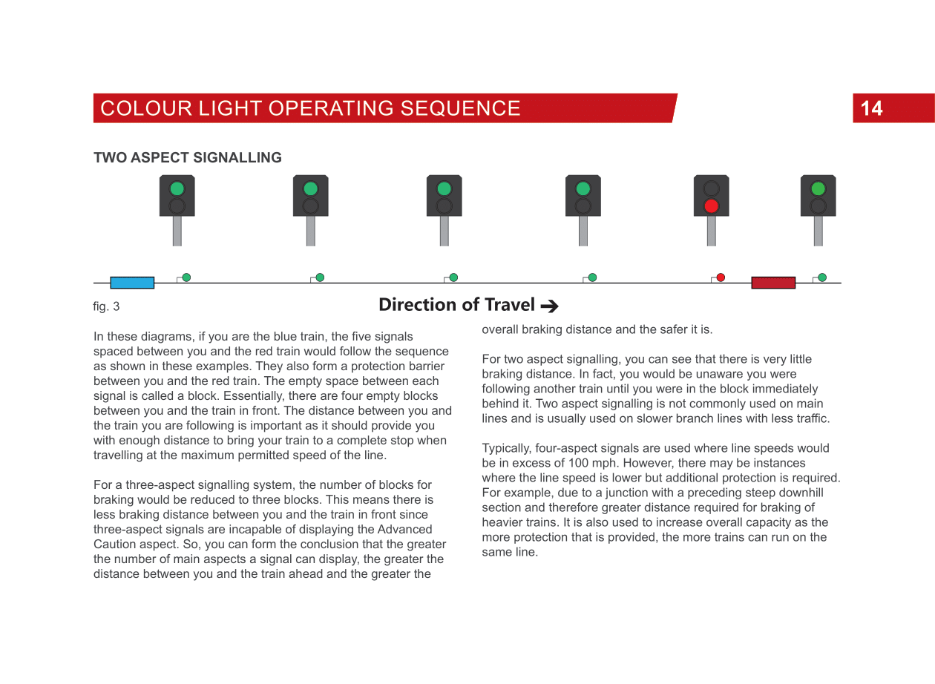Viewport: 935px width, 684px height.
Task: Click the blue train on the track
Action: (132, 283)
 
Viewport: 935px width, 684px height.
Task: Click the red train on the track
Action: (772, 283)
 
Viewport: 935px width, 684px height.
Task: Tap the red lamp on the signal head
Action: (711, 205)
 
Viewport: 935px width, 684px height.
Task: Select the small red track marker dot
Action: (721, 277)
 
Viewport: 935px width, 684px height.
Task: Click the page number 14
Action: (871, 109)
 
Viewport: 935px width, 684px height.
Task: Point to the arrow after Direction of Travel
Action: (549, 306)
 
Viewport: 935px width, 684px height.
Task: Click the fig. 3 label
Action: (106, 306)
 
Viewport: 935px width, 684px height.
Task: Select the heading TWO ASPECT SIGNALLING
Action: (188, 158)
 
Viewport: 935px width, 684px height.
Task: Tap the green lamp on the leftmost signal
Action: (177, 188)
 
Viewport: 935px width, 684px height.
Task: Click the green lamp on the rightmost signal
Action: (818, 188)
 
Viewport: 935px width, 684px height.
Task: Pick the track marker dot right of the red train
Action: (822, 277)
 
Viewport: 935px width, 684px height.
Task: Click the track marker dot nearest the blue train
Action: (186, 277)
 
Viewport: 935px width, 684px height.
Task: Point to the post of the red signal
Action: (711, 231)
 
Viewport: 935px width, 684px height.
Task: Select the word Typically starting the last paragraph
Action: (507, 448)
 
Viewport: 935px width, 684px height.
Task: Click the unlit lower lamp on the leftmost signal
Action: (177, 205)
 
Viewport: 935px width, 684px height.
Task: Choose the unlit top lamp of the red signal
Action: (711, 188)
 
